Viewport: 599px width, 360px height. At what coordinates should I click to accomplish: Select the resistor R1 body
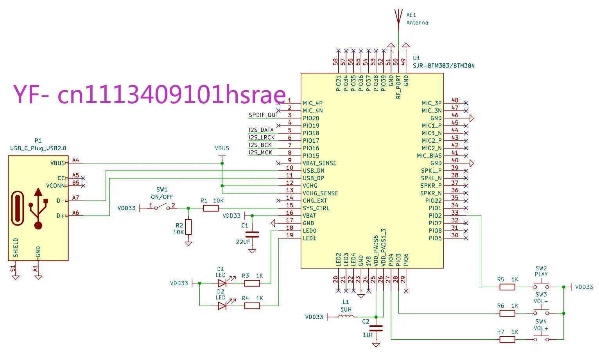[x=211, y=208]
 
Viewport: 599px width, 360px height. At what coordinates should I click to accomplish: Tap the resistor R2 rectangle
[x=188, y=227]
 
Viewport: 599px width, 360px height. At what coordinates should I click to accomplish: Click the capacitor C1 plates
[x=252, y=235]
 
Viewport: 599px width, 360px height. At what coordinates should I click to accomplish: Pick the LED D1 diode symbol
[x=222, y=283]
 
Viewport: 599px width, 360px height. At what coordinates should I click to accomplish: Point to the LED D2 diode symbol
[x=222, y=306]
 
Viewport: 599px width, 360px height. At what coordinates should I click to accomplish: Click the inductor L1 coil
[x=346, y=317]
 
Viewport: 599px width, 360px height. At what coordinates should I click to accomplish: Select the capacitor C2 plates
[x=376, y=328]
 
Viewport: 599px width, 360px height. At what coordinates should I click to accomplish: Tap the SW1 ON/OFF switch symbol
[x=162, y=207]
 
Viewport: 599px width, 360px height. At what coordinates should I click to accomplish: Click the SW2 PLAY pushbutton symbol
[x=541, y=285]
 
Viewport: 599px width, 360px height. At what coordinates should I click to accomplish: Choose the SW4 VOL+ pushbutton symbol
[x=541, y=338]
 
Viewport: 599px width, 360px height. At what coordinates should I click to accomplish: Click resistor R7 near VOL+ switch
[x=507, y=339]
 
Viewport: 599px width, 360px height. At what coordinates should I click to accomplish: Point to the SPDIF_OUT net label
[x=264, y=115]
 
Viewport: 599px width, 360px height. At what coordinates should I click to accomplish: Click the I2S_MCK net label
[x=260, y=152]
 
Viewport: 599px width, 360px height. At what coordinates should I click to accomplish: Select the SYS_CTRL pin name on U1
[x=316, y=208]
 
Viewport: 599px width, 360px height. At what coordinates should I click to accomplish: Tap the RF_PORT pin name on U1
[x=398, y=87]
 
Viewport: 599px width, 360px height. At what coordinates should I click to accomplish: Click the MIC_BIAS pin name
[x=429, y=156]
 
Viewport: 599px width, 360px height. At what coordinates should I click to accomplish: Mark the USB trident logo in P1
[x=38, y=208]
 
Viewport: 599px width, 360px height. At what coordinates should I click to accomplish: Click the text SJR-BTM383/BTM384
[x=444, y=66]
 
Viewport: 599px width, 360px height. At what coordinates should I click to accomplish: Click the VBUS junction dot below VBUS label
[x=222, y=163]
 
